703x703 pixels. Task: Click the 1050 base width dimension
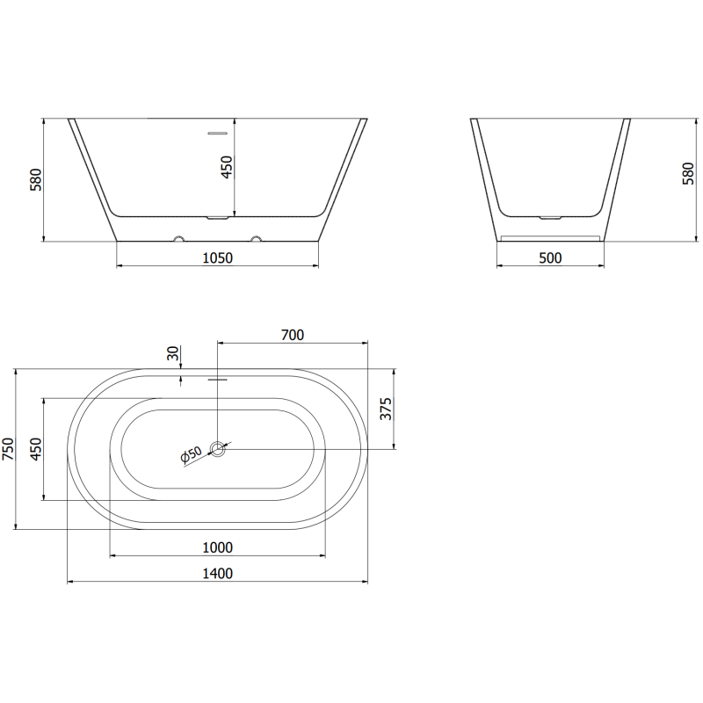217,257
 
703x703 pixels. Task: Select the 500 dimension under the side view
550,257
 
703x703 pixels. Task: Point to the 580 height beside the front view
35,179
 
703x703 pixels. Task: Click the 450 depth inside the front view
227,166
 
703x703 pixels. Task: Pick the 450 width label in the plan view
35,448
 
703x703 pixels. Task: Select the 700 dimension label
292,334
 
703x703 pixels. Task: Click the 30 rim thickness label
173,354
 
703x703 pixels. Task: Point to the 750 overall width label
9,450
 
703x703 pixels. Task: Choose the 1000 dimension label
217,547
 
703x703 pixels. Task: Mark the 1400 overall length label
217,574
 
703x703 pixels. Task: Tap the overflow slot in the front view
217,134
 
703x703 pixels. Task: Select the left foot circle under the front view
178,238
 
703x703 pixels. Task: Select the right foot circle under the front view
257,238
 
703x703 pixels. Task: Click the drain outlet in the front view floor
217,216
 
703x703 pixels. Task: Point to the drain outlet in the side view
550,216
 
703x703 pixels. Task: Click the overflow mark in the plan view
217,380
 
